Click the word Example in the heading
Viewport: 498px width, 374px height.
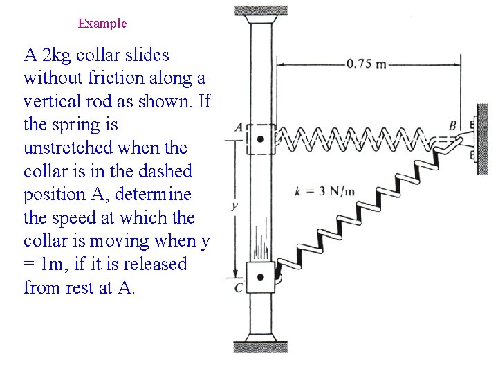click(x=102, y=24)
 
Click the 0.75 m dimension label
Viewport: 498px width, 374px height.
click(x=367, y=64)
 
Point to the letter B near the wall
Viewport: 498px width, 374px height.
click(x=452, y=126)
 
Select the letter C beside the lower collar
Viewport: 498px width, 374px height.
click(x=239, y=287)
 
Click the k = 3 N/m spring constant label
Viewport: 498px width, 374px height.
click(x=324, y=191)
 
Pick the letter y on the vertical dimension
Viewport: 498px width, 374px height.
click(x=234, y=206)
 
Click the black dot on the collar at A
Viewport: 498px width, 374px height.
click(x=260, y=139)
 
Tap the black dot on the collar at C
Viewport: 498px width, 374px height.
click(x=260, y=277)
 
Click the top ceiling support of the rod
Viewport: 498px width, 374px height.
click(x=261, y=11)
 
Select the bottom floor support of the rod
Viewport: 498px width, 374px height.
click(x=261, y=346)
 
